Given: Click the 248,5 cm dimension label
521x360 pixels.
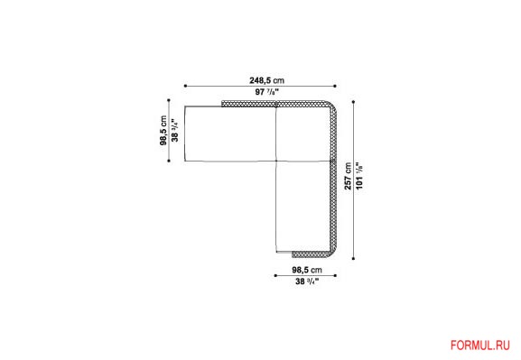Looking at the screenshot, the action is (266, 80).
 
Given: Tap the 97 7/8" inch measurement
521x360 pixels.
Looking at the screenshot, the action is (266, 92).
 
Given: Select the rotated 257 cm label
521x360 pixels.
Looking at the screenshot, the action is (348, 176).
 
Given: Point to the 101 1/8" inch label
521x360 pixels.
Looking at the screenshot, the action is (359, 176).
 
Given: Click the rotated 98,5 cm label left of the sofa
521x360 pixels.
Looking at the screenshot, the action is (163, 130).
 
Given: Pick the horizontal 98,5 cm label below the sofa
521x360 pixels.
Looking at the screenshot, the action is (307, 270).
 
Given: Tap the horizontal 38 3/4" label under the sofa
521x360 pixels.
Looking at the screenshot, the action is (307, 282).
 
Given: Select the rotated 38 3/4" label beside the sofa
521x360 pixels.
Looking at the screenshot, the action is (175, 130).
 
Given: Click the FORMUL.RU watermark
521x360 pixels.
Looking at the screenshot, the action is (480, 345).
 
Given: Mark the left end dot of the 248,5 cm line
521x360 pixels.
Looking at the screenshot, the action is (185, 86).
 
